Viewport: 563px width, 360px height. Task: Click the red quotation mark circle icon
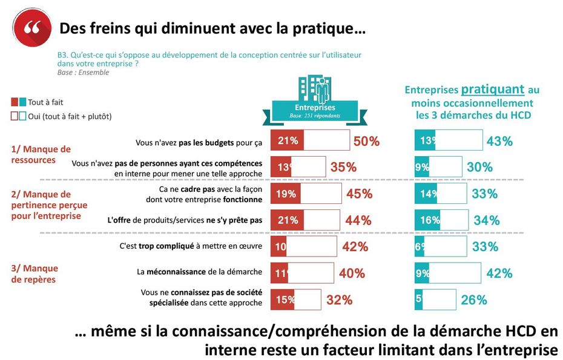coord(28,29)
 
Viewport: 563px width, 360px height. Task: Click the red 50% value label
coord(366,142)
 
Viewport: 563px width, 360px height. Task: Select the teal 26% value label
coord(473,299)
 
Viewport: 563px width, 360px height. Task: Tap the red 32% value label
coord(339,299)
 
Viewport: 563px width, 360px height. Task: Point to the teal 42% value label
coord(499,273)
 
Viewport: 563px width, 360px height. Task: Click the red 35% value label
coord(343,168)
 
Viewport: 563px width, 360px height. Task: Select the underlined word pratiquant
coord(492,90)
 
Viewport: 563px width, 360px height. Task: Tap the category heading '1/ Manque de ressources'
coord(41,154)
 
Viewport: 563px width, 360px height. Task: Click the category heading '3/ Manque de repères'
coord(35,273)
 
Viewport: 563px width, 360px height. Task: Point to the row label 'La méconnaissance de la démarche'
coord(199,272)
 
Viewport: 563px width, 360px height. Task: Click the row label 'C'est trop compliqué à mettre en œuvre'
coord(191,246)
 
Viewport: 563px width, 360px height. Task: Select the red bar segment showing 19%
coord(285,194)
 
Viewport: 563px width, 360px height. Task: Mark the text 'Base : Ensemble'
coord(83,73)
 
